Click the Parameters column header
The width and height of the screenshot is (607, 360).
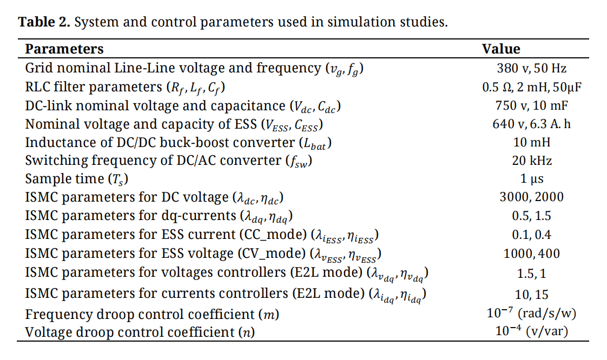(64, 49)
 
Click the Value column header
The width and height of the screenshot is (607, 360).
(501, 49)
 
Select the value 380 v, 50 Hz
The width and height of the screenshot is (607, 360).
(532, 69)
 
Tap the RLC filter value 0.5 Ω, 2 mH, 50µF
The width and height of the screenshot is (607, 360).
(532, 87)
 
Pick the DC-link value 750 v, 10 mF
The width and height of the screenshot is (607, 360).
(532, 105)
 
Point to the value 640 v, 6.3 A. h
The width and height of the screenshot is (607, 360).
(532, 124)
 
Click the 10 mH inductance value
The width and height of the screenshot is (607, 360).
(532, 143)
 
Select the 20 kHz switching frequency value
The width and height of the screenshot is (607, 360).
(532, 161)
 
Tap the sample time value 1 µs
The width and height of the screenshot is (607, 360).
(532, 179)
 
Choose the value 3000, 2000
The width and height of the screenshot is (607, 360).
(532, 197)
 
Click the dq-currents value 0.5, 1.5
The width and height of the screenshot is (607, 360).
(532, 216)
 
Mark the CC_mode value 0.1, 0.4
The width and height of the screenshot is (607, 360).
(532, 235)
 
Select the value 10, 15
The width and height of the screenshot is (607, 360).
(532, 294)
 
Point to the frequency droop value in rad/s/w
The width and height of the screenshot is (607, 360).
(532, 313)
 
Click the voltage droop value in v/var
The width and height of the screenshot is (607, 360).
(532, 331)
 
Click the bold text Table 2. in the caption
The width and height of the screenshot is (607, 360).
(44, 23)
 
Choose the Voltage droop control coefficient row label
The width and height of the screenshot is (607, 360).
(140, 332)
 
